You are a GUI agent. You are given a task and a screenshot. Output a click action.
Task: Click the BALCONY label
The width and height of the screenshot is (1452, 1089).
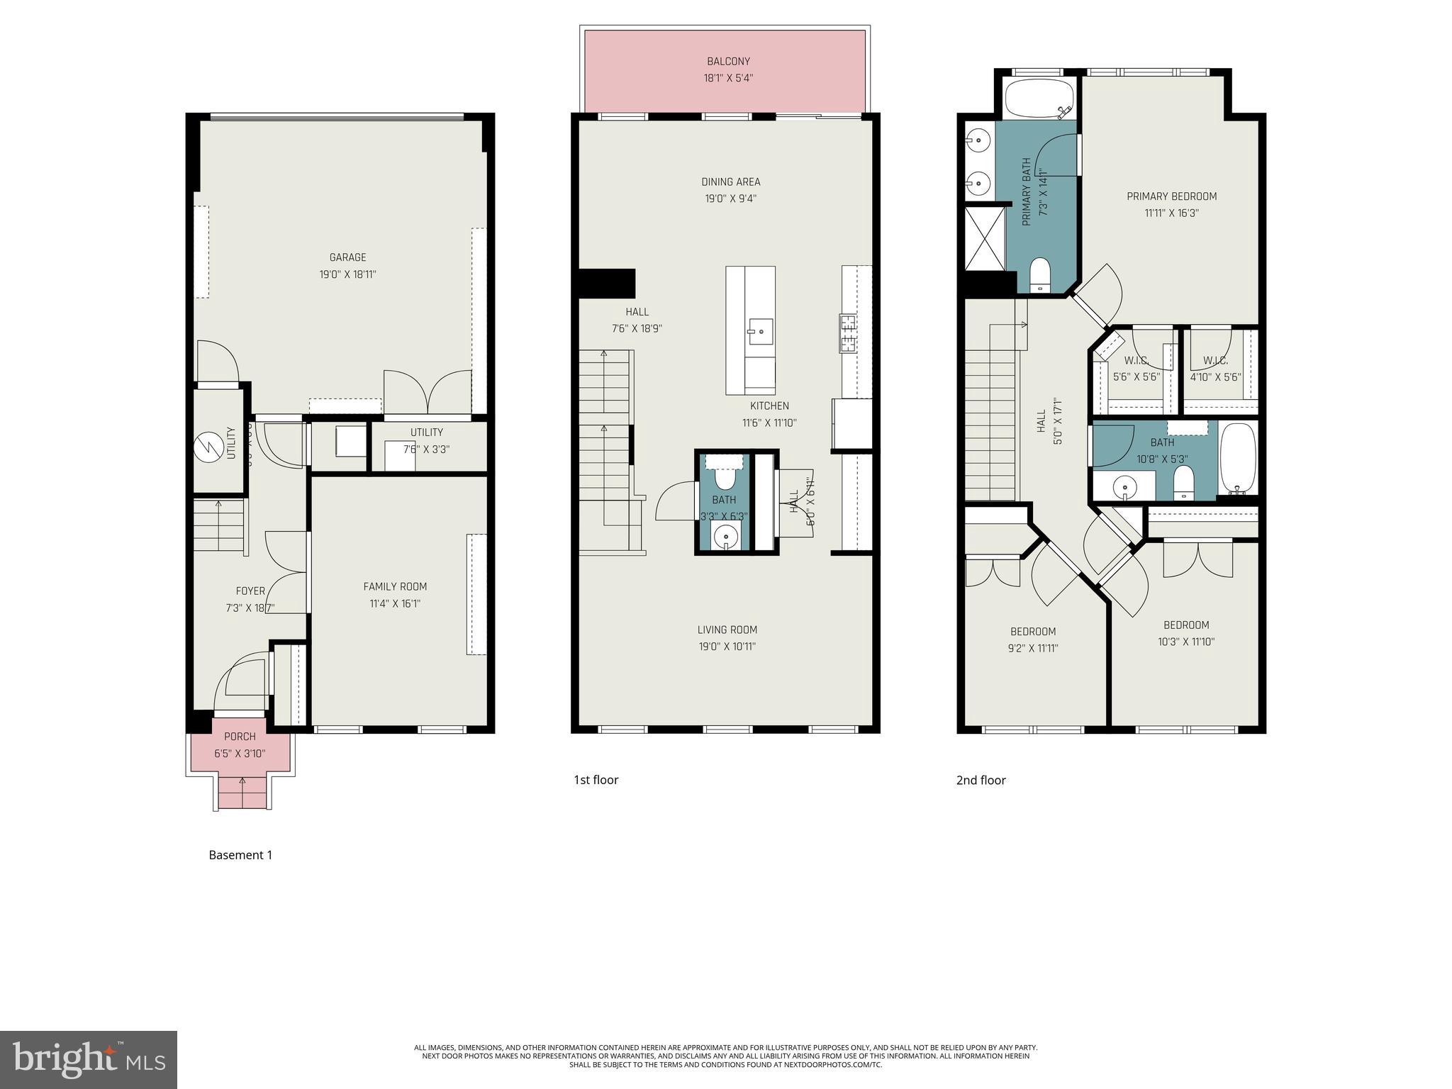(728, 62)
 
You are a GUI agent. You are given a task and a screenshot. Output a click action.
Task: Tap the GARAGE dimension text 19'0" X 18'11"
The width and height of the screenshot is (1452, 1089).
(347, 274)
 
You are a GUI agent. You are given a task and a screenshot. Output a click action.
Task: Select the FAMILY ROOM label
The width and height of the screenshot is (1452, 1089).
(395, 586)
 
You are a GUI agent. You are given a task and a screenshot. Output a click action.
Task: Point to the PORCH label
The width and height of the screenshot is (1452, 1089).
(240, 737)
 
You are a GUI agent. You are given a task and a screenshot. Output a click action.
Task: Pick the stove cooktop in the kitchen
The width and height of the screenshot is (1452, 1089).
(849, 333)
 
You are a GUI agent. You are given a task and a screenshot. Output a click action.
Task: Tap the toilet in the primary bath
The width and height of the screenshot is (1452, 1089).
(1039, 274)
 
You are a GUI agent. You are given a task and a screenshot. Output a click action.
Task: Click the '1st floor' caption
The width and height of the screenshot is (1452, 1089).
(596, 780)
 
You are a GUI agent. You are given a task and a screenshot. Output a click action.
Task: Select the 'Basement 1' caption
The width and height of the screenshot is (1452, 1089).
(240, 855)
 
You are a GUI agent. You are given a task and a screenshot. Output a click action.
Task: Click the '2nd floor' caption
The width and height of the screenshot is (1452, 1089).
(981, 781)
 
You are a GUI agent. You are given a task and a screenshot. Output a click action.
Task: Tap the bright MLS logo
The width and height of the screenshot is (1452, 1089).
(89, 1059)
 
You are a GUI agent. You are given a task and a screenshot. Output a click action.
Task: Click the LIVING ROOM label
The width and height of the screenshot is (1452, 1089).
(727, 630)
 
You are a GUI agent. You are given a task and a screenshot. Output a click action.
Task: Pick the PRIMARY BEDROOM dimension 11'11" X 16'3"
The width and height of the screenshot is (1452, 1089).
(1171, 213)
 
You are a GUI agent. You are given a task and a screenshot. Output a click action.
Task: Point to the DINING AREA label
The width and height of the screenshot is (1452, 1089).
(730, 182)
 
